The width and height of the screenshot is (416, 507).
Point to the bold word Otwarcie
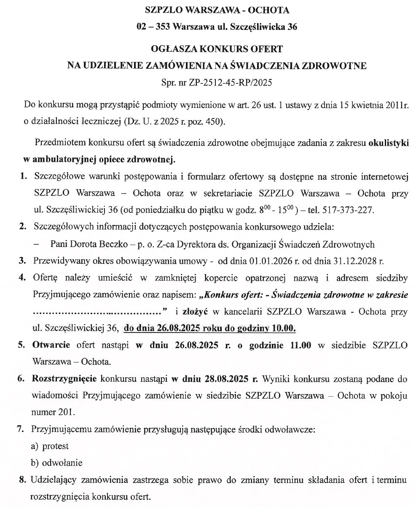(x=51, y=345)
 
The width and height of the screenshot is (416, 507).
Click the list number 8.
(x=21, y=479)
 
